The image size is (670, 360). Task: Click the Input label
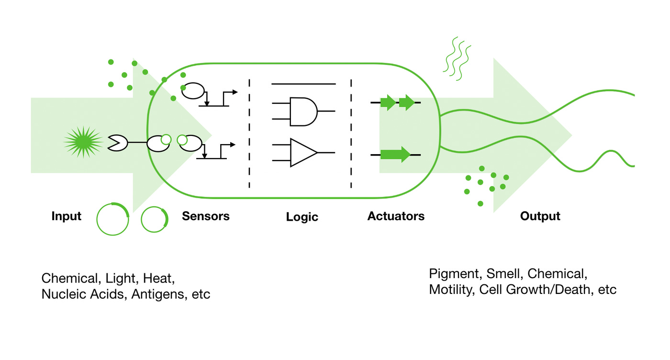(x=67, y=216)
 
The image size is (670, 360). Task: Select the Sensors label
(x=205, y=216)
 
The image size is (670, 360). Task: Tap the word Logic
(x=302, y=217)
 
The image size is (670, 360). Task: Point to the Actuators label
(x=396, y=216)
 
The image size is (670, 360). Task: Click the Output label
(x=540, y=216)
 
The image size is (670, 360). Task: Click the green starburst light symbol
(x=83, y=142)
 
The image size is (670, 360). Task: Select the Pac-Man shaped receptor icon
(x=117, y=142)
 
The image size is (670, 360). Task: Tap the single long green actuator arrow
(x=395, y=154)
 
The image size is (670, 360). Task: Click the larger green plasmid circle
(x=112, y=219)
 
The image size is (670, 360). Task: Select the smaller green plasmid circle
(x=155, y=219)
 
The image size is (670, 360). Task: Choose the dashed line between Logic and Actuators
(x=352, y=134)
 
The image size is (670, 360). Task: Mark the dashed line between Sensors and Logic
(x=249, y=134)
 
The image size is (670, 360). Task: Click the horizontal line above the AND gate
(x=303, y=84)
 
